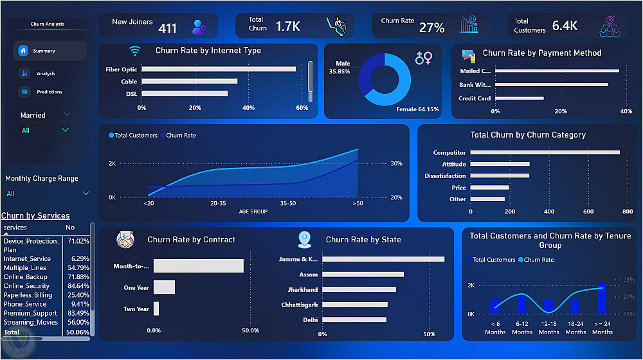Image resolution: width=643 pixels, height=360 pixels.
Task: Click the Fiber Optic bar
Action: pos(219,69)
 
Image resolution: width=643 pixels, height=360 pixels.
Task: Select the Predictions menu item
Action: pos(50,92)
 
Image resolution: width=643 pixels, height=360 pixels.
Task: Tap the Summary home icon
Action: pos(23,51)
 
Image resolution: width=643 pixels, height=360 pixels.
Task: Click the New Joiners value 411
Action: pos(167,28)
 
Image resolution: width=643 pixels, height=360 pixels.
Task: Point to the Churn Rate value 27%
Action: pos(432,28)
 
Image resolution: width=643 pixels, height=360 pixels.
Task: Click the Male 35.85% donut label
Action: pos(340,67)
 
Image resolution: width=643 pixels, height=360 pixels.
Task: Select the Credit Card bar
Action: pos(520,98)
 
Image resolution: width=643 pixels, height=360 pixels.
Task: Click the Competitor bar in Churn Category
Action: pos(545,152)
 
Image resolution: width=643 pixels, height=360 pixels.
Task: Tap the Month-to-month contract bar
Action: pos(199,265)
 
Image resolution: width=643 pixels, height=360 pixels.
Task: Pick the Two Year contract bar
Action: pos(156,309)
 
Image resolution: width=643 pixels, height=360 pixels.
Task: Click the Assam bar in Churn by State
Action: pos(363,274)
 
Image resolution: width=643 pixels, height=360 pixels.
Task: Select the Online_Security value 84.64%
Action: pos(78,286)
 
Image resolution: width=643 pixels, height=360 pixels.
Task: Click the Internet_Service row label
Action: pos(27,258)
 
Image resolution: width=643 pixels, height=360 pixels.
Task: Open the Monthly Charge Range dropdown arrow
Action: pos(86,193)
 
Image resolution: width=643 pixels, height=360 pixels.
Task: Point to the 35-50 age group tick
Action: pos(288,203)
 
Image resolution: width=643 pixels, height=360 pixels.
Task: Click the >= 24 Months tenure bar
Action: pos(602,299)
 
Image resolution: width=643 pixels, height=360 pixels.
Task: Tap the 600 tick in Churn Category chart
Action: pos(588,212)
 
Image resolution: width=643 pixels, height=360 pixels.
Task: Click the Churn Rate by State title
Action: pos(363,239)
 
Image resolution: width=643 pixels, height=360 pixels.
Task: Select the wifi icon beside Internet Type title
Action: pos(134,51)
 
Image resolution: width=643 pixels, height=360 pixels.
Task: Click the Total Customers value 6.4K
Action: pos(565,26)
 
